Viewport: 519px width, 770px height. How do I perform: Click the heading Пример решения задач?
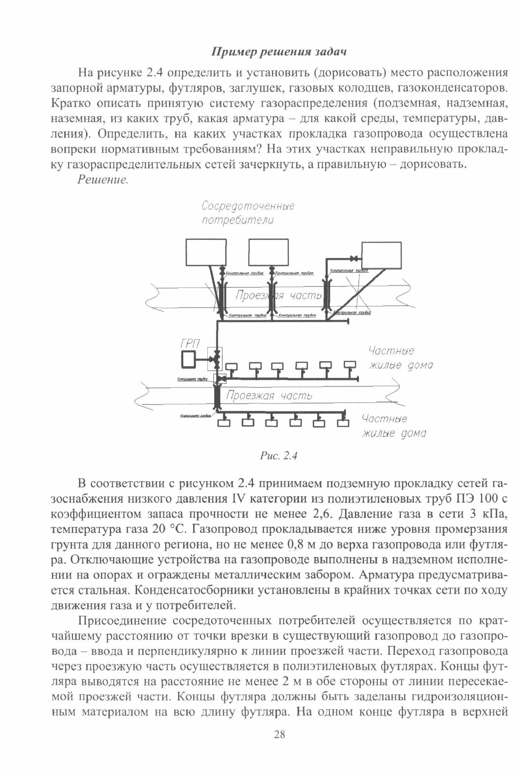(279, 52)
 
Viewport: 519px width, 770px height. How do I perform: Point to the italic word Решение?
(102, 180)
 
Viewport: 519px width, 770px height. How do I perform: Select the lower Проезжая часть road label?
(269, 396)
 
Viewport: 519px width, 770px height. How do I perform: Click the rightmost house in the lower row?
(343, 422)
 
